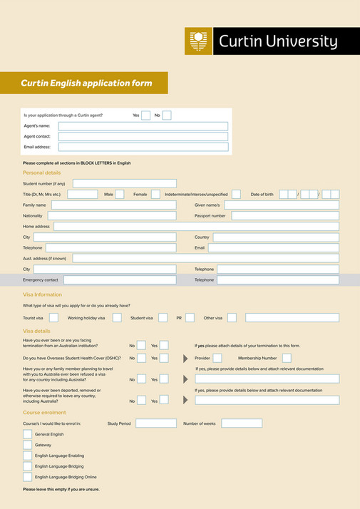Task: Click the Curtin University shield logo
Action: [199, 41]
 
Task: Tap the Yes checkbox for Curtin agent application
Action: [145, 115]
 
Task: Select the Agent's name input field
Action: [143, 125]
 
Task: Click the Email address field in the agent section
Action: [143, 147]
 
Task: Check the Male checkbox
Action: [119, 194]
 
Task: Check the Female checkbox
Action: [155, 194]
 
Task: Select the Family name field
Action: [113, 205]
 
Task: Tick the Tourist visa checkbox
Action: [53, 317]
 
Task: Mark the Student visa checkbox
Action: [163, 317]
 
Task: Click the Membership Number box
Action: [287, 358]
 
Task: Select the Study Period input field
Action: [155, 423]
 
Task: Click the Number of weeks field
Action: [241, 423]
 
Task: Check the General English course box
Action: [27, 434]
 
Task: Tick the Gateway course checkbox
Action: [27, 445]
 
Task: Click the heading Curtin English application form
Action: [86, 83]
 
